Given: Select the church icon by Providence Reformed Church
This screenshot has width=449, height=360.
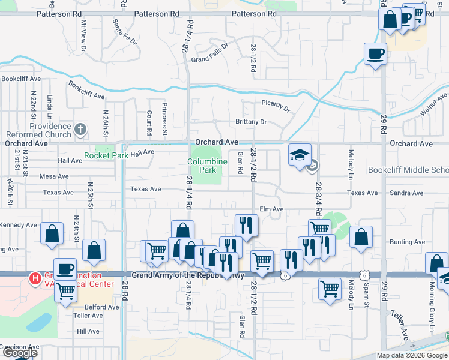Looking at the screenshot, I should click(80, 129).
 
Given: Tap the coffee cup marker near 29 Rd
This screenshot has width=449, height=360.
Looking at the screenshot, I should click(375, 55).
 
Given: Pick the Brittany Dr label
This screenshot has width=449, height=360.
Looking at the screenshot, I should click(251, 122).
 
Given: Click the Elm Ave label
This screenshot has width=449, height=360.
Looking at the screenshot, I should click(271, 209).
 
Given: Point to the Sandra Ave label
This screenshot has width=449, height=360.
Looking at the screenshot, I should click(406, 193).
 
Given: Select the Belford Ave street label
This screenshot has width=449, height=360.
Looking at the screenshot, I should click(101, 307).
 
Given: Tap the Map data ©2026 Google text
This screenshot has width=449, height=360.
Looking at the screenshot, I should click(412, 355).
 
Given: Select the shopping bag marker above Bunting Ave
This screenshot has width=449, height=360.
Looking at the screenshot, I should click(360, 237).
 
